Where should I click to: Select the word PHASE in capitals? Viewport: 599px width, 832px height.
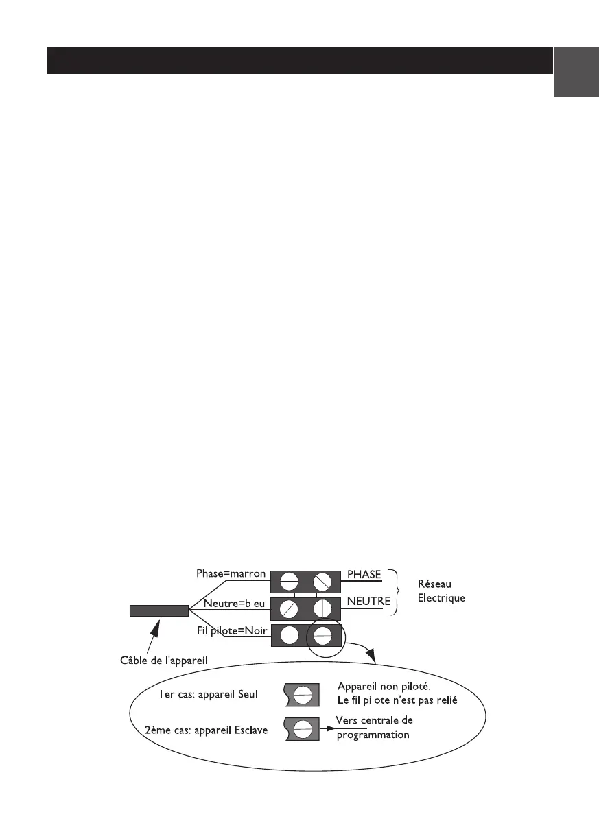(x=364, y=574)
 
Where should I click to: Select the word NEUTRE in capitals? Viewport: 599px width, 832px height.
(x=368, y=602)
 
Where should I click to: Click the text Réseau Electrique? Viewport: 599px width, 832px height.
(x=441, y=591)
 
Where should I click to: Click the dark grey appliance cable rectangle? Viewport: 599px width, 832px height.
(x=158, y=610)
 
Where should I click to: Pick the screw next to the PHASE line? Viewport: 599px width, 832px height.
(x=322, y=582)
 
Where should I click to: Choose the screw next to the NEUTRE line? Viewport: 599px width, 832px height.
(x=322, y=608)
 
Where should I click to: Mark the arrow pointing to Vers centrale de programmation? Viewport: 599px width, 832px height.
(x=327, y=727)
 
